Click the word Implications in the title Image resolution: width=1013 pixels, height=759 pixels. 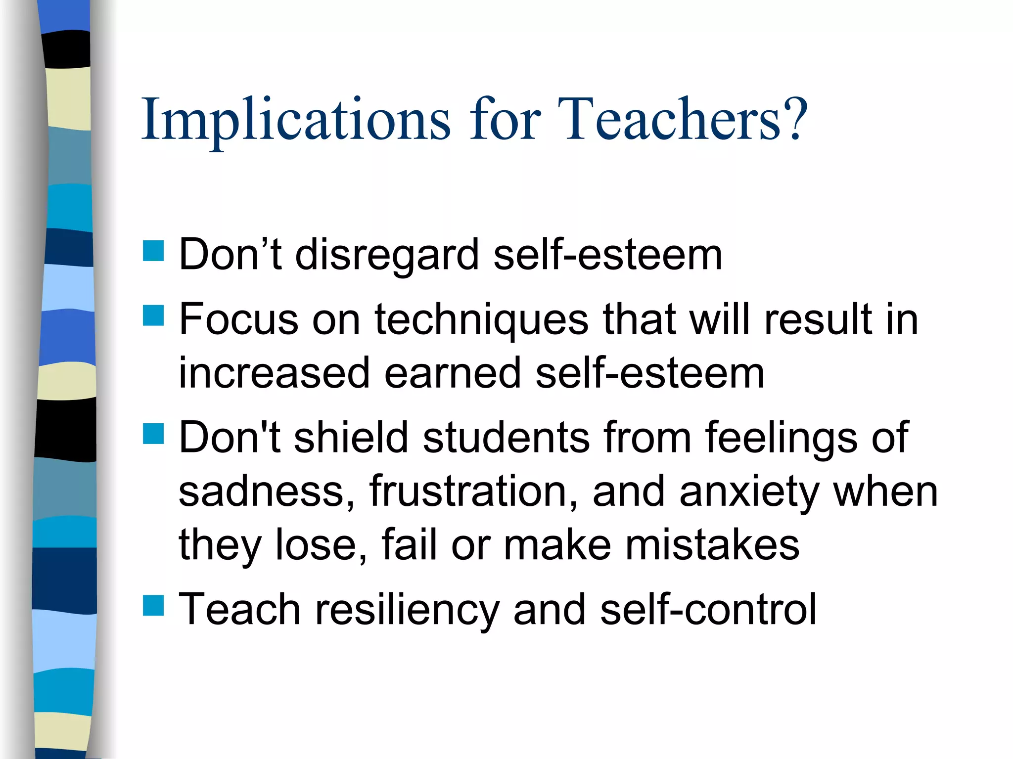[x=296, y=120]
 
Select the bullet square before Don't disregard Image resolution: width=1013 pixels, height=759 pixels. [x=153, y=251]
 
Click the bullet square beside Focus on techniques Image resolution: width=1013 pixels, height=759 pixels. [x=153, y=315]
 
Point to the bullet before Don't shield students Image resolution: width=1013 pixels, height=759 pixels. [x=153, y=434]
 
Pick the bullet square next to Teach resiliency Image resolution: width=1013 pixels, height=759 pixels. [x=153, y=605]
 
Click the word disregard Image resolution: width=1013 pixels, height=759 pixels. [x=387, y=255]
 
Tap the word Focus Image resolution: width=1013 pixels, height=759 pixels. [x=239, y=319]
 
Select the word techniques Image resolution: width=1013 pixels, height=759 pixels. [x=482, y=320]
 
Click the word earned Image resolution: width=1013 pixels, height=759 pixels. [x=453, y=373]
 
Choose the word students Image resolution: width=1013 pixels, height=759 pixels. [x=506, y=437]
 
